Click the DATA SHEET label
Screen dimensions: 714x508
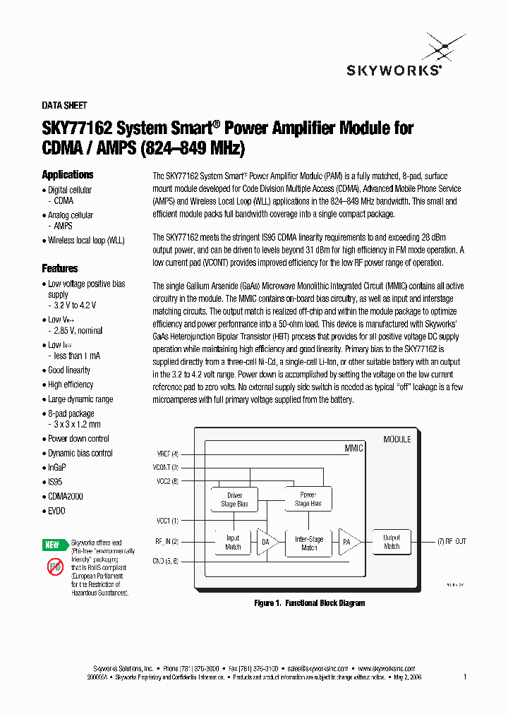coord(64,105)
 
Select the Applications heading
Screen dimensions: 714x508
coord(67,174)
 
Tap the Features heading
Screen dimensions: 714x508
coord(60,268)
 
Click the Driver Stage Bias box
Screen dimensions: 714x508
coord(234,499)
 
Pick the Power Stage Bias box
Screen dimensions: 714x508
coord(308,499)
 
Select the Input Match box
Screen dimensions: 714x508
coord(233,543)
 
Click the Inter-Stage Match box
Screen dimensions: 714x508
coord(309,543)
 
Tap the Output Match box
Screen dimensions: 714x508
coord(391,542)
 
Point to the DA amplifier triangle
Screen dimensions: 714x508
coord(265,543)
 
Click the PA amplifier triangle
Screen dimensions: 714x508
coord(348,542)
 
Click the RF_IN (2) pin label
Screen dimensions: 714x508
coord(167,542)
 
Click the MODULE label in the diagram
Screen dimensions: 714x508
coord(397,439)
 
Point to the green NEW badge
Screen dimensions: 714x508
coord(53,545)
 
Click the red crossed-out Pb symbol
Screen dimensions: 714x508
coord(55,567)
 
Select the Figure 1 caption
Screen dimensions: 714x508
coord(309,603)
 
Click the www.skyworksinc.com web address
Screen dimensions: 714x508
coord(386,667)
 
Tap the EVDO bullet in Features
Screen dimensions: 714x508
coord(56,511)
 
